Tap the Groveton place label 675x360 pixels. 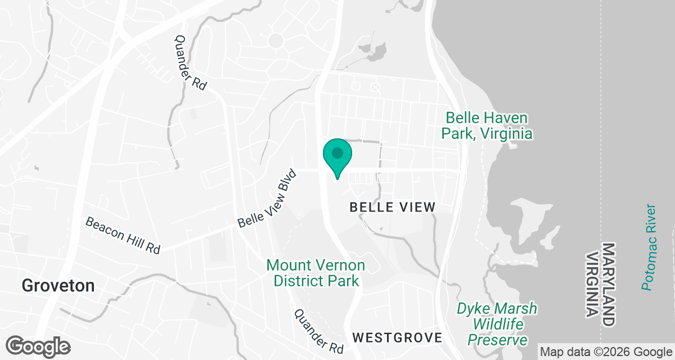coord(58,286)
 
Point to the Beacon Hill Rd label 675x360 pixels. coord(123,236)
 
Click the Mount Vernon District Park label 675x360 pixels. coord(316,273)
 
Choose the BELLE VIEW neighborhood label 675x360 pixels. coord(393,207)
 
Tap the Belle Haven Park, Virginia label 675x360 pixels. coord(487,126)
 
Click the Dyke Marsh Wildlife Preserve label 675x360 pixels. coord(497,325)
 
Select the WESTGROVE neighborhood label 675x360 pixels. coord(397,338)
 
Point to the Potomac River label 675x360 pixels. coord(650,247)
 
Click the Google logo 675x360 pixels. coord(38,345)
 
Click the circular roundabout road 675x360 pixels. coord(276,40)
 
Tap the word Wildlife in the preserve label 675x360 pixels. coord(498,325)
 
